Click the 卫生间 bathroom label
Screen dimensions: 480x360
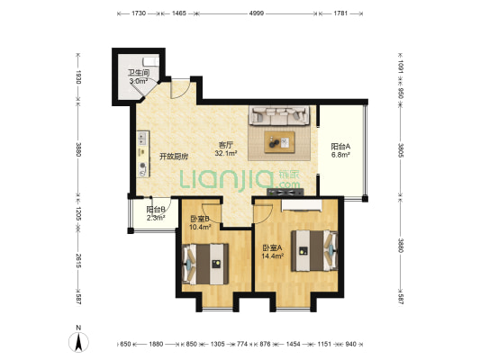point(139,73)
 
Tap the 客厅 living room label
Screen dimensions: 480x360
point(226,145)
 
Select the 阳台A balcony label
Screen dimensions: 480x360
point(340,147)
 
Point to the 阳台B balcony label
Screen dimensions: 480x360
point(156,210)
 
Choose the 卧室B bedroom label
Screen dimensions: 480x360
point(200,219)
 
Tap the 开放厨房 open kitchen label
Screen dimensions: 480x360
point(174,157)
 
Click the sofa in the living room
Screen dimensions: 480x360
point(279,115)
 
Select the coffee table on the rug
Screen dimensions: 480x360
point(280,142)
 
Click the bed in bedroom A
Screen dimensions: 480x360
point(314,251)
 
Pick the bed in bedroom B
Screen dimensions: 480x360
point(205,264)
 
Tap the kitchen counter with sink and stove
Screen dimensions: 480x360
point(143,154)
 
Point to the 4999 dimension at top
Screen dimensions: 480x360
point(257,13)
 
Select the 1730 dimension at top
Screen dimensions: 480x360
point(139,13)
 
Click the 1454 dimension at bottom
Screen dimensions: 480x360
point(293,344)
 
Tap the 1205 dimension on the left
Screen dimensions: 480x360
point(78,213)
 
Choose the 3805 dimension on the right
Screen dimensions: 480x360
point(401,150)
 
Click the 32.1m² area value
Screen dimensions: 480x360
point(226,153)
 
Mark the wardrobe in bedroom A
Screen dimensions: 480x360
point(302,205)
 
